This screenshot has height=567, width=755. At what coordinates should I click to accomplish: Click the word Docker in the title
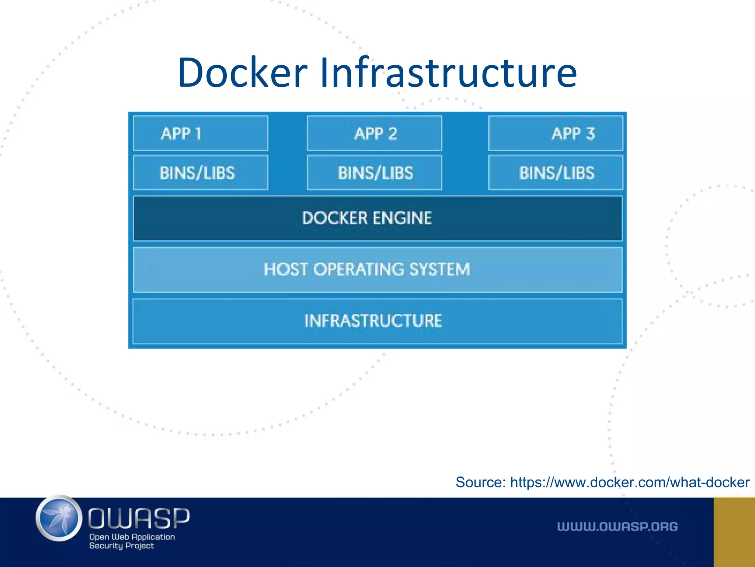242,73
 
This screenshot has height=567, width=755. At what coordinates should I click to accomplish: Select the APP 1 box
200,133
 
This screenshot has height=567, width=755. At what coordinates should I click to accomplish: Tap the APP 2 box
375,133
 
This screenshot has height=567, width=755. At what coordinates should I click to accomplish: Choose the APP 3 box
556,133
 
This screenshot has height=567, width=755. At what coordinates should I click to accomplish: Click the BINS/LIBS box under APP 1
200,173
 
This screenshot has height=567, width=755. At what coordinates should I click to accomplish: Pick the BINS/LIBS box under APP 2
375,173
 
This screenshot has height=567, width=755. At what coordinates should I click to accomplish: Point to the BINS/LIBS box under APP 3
556,173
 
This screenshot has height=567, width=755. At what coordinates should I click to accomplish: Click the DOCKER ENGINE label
366,218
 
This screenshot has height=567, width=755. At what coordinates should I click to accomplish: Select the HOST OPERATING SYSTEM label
366,269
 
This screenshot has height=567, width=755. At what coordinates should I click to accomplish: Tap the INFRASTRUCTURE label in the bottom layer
373,321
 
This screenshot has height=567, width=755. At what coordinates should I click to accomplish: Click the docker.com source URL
630,482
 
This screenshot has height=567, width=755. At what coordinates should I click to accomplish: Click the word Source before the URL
480,482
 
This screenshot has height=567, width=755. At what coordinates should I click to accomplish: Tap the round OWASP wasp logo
59,518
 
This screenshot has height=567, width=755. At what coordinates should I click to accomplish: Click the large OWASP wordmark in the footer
139,518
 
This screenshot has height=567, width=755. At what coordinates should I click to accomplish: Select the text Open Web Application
132,537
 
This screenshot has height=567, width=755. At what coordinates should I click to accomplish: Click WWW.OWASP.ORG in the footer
617,527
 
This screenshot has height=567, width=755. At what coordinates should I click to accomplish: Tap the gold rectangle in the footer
734,532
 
